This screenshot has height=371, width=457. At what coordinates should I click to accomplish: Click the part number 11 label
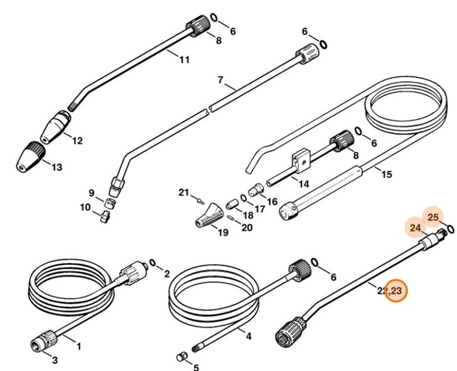pyautogui.click(x=184, y=60)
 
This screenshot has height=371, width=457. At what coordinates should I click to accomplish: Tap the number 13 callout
pyautogui.click(x=57, y=167)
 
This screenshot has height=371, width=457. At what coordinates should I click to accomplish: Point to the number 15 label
pyautogui.click(x=386, y=174)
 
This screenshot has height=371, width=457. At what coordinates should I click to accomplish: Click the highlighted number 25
pyautogui.click(x=433, y=217)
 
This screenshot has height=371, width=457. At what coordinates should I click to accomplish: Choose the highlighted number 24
pyautogui.click(x=416, y=228)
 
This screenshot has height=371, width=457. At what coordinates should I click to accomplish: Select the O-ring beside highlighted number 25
pyautogui.click(x=452, y=229)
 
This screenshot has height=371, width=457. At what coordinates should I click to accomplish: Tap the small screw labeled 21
pyautogui.click(x=199, y=198)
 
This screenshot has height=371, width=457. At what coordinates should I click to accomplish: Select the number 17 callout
pyautogui.click(x=259, y=208)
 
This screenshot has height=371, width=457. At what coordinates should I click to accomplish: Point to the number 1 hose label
pyautogui.click(x=78, y=346)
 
